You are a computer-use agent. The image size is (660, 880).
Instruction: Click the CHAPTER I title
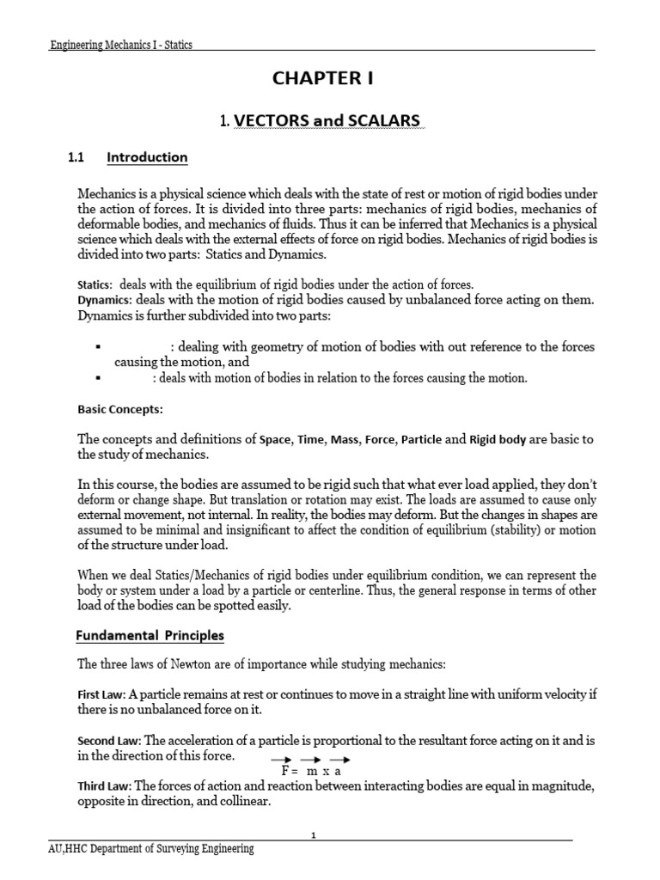pyautogui.click(x=323, y=79)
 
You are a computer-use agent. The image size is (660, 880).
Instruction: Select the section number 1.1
pyautogui.click(x=78, y=157)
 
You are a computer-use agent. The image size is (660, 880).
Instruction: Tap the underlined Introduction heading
pyautogui.click(x=147, y=157)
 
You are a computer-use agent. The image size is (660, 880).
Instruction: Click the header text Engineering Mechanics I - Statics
pyautogui.click(x=120, y=45)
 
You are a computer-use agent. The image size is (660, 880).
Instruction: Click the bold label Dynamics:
pyautogui.click(x=105, y=299)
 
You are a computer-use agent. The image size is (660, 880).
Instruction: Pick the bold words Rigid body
pyautogui.click(x=498, y=440)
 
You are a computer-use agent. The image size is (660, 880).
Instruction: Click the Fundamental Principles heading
pyautogui.click(x=150, y=636)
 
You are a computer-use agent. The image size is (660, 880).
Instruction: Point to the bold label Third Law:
pyautogui.click(x=105, y=786)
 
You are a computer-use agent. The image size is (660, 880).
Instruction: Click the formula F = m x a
pyautogui.click(x=311, y=771)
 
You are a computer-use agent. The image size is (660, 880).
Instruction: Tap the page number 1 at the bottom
pyautogui.click(x=314, y=834)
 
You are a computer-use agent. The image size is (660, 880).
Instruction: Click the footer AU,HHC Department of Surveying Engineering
pyautogui.click(x=152, y=849)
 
